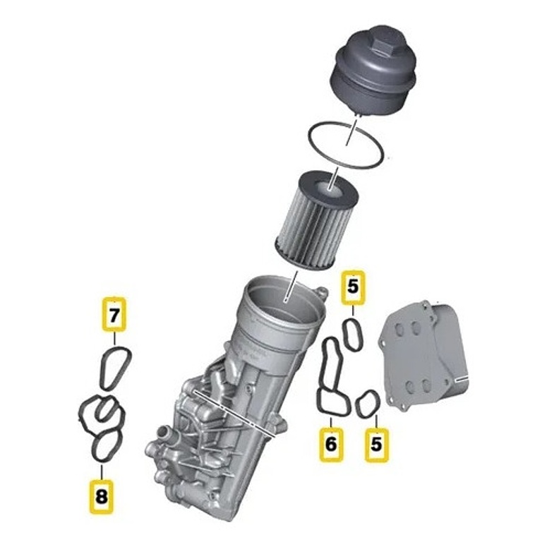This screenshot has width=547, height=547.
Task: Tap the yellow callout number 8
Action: pyautogui.click(x=102, y=495)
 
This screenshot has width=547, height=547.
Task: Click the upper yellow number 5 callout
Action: pyautogui.click(x=353, y=288)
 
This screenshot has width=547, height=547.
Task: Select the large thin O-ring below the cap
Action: pyautogui.click(x=349, y=144)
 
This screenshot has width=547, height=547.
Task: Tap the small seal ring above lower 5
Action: pyautogui.click(x=368, y=404)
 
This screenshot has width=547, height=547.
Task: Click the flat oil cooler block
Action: pyautogui.click(x=421, y=357)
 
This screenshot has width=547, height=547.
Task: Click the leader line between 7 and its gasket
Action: pyautogui.click(x=114, y=337)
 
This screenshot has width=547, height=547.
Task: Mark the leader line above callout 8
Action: pyautogui.click(x=102, y=469)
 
